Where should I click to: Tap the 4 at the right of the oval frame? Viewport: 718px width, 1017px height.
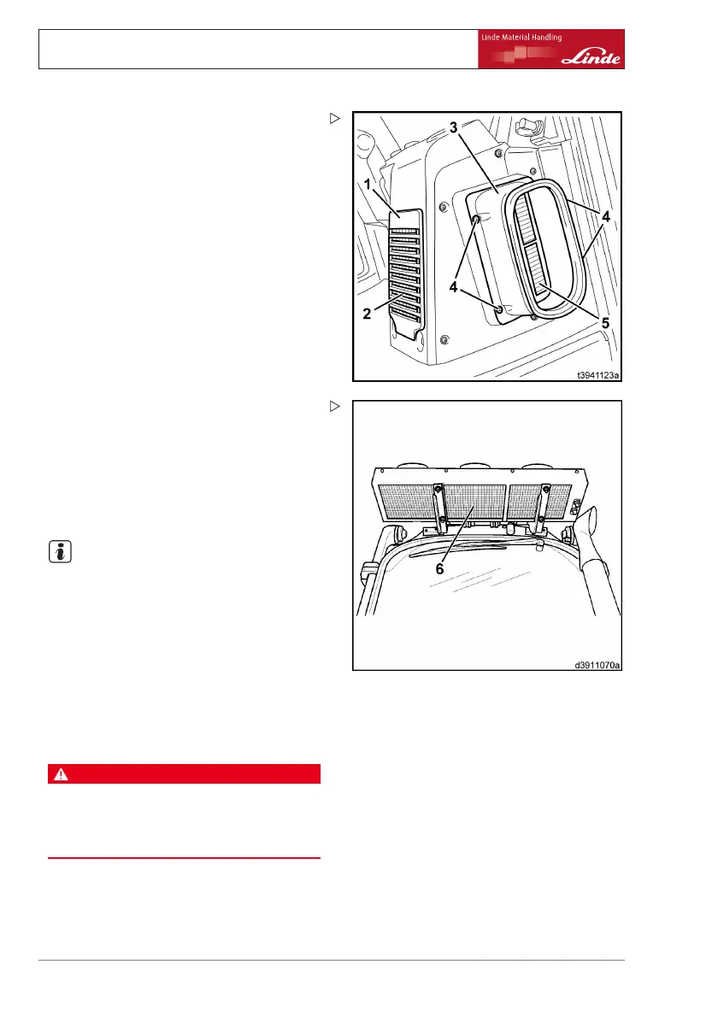[x=605, y=217]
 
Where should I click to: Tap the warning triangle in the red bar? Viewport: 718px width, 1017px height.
[x=60, y=774]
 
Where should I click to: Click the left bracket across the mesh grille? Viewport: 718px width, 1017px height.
[x=439, y=513]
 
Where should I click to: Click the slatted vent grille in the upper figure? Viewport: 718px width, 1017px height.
[x=407, y=273]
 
